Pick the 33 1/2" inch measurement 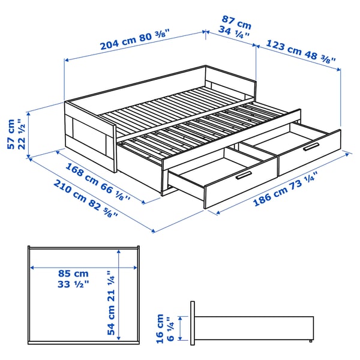(x=73, y=284)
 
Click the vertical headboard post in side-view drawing (x=193, y=323)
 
